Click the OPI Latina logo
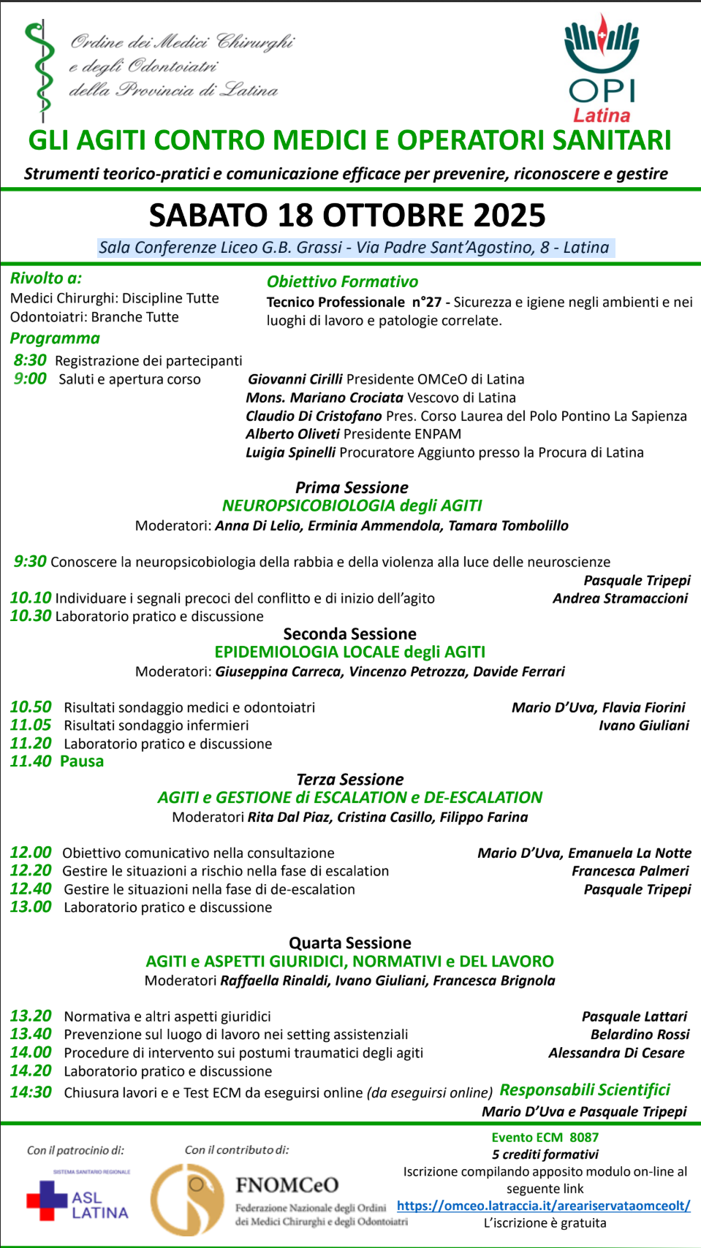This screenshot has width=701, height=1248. point(602,69)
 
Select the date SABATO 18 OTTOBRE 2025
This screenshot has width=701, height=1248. point(347,216)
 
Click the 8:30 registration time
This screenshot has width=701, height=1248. point(30,360)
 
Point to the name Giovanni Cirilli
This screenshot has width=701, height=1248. point(295,379)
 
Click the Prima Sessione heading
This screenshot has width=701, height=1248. point(352,487)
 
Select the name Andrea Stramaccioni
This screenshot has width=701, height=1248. point(620,598)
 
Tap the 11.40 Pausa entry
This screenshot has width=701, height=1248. point(57,761)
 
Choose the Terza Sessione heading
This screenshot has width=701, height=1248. point(350,780)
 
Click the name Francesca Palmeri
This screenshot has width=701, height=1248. point(630,871)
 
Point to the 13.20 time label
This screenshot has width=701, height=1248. point(31,1016)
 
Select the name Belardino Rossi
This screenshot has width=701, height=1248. point(640,1035)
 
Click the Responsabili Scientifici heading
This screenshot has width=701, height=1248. point(585,1090)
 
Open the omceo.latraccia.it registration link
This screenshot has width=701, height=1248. point(543,1206)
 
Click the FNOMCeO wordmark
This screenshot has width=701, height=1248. point(287,1185)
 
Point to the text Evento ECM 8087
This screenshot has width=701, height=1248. point(545,1138)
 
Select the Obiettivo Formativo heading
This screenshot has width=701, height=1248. point(343,282)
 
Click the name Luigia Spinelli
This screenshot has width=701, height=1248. point(291,452)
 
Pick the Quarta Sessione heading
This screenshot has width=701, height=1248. point(350,943)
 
